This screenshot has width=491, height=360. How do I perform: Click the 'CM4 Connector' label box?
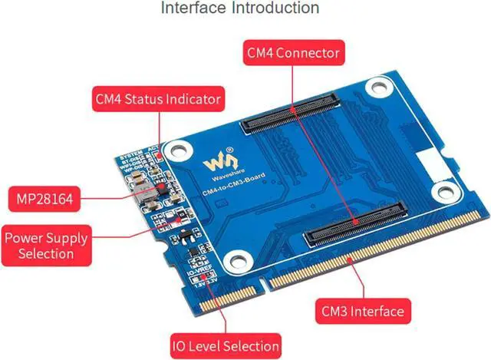click(292, 54)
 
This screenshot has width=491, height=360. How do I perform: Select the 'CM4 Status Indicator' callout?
click(157, 99)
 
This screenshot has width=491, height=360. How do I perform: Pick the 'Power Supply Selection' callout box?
click(45, 246)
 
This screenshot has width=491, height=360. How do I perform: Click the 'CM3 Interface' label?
click(360, 311)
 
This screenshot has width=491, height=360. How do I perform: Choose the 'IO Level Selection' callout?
click(225, 345)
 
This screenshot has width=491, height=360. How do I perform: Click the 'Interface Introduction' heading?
click(239, 8)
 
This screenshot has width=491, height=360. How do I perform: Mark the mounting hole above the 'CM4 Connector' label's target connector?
click(375, 88)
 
